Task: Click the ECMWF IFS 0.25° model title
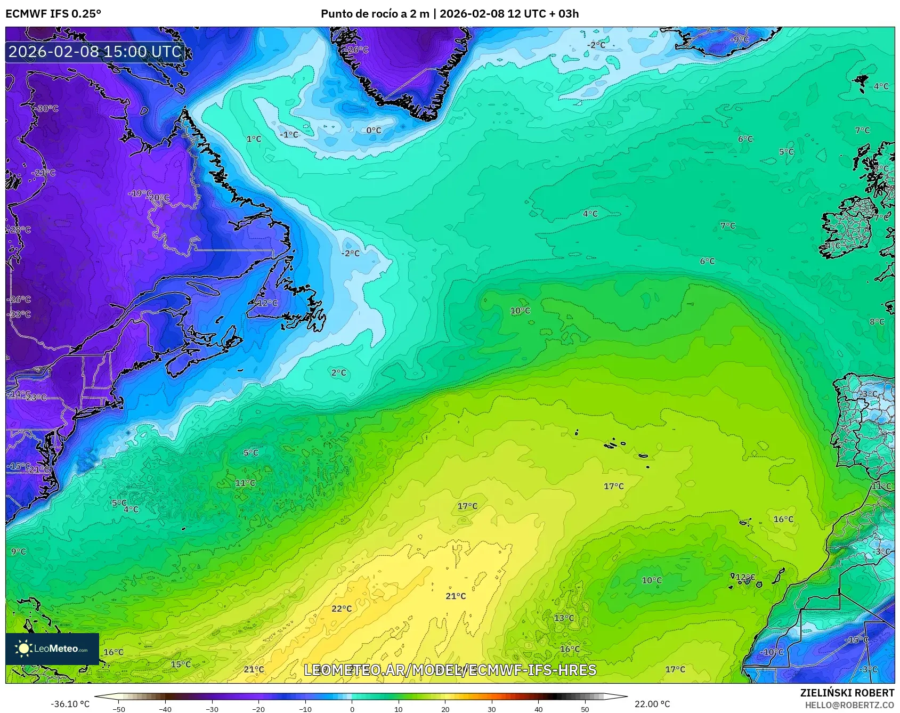click(x=53, y=13)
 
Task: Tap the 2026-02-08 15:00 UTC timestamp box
click(x=95, y=52)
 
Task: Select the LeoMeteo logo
click(x=52, y=649)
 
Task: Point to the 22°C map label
click(x=342, y=609)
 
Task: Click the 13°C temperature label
click(x=564, y=618)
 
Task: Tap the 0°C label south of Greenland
click(x=374, y=130)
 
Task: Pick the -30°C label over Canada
click(x=47, y=109)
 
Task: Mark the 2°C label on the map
click(x=338, y=373)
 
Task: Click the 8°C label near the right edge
click(x=877, y=322)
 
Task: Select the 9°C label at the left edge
click(x=18, y=552)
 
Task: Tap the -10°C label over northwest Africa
click(x=772, y=652)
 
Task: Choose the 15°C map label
click(x=181, y=665)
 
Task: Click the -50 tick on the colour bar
click(x=119, y=709)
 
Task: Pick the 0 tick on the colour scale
click(x=352, y=709)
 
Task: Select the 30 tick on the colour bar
click(x=491, y=709)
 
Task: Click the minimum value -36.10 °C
click(x=70, y=704)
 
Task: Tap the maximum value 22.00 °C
click(x=652, y=704)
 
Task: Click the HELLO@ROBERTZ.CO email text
click(x=849, y=705)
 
